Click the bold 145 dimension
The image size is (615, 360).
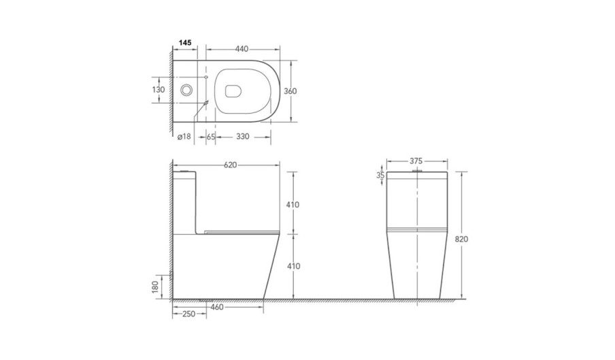pyautogui.click(x=185, y=42)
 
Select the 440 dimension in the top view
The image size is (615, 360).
pyautogui.click(x=242, y=49)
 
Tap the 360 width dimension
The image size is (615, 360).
pyautogui.click(x=290, y=91)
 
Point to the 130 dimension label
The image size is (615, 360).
pyautogui.click(x=159, y=90)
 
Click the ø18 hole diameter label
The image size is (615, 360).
pyautogui.click(x=184, y=137)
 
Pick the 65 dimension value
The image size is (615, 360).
pyautogui.click(x=211, y=137)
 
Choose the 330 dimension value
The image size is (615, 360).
pyautogui.click(x=243, y=137)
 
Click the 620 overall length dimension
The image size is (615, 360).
pyautogui.click(x=230, y=165)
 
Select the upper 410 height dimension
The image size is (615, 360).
pyautogui.click(x=293, y=205)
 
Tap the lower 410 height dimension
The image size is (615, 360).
pyautogui.click(x=293, y=266)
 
